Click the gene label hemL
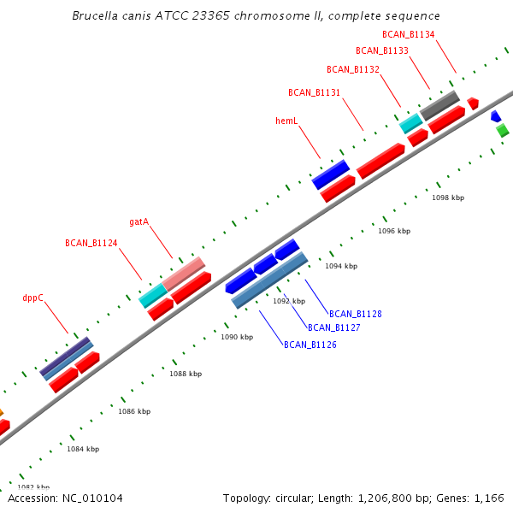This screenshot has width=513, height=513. point(286,121)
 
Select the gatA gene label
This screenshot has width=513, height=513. point(139,221)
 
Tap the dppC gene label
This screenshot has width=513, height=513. point(32,298)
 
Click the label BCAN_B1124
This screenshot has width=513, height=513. point(91,243)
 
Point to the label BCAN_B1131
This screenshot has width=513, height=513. point(314,92)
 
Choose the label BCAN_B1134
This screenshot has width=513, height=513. point(408,34)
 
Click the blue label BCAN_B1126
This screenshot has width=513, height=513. point(310,345)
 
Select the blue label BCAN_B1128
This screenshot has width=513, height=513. point(355,314)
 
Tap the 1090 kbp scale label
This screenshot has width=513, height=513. point(237,337)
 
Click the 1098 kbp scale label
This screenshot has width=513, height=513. point(448,198)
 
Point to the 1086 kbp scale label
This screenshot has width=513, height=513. point(134,411)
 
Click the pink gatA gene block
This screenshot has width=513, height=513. point(183,272)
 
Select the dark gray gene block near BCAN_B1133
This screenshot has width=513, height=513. point(439,105)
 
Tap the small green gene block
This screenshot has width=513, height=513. point(503,130)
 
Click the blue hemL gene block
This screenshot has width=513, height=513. point(331,174)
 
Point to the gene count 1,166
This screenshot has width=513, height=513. point(488,498)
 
